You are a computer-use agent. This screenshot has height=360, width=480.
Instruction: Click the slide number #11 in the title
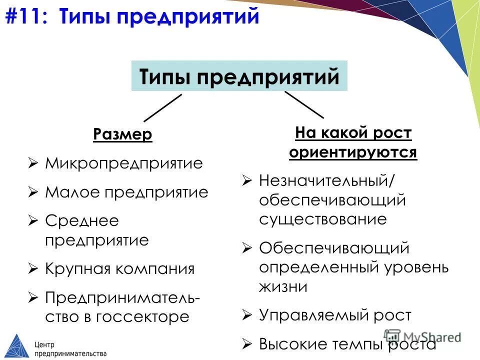click(x=27, y=16)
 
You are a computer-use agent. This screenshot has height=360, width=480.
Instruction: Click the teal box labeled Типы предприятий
click(x=239, y=76)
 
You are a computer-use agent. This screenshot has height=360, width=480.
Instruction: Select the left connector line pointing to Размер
click(x=163, y=107)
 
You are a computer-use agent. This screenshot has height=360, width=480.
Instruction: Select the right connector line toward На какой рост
click(x=304, y=104)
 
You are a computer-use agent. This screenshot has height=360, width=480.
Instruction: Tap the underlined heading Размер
click(x=122, y=134)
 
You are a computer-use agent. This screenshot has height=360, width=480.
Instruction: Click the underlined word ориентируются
click(x=353, y=152)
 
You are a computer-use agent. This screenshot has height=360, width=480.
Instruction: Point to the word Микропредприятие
click(x=124, y=163)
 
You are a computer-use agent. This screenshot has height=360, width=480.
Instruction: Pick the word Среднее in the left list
click(x=75, y=220)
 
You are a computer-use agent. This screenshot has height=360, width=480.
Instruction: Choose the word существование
click(x=322, y=219)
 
